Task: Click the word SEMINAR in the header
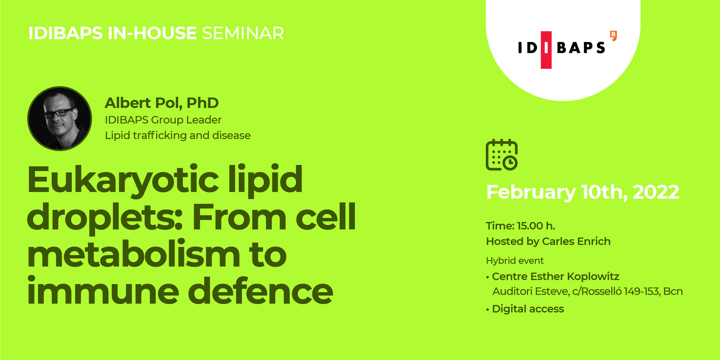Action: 243,33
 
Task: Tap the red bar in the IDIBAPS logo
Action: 546,50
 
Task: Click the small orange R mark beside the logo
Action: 614,35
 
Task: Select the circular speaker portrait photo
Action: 60,118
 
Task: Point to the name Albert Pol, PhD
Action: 162,103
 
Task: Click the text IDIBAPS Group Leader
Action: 163,120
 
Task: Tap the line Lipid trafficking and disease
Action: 178,135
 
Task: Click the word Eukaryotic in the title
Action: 123,181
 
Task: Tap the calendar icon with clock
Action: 502,155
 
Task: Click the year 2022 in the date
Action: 656,192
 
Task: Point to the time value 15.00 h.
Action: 536,226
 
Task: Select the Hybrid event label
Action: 515,261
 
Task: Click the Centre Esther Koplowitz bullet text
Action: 556,277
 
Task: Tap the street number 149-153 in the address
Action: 642,292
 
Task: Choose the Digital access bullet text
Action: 528,309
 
